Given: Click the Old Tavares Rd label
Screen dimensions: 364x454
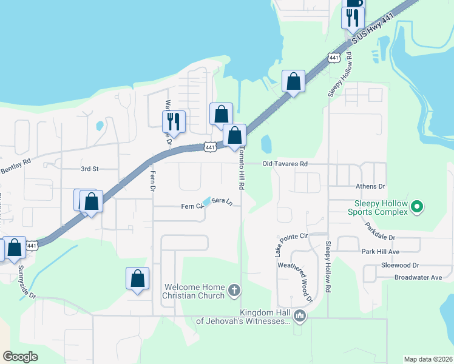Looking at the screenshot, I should click(x=285, y=164).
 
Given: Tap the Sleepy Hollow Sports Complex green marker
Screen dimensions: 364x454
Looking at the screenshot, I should click(x=416, y=207).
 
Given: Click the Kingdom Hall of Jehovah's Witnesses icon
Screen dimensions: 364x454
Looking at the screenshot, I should click(x=299, y=315).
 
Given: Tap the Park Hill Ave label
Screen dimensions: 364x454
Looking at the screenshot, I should click(x=381, y=251).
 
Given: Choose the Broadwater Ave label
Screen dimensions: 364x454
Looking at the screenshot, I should click(x=418, y=277).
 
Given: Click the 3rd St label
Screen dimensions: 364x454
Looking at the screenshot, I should click(x=89, y=168).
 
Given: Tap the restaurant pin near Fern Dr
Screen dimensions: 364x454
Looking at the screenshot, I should click(x=174, y=121).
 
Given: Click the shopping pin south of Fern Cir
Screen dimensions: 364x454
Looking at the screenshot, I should click(x=138, y=278).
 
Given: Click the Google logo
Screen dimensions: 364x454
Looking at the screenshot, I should click(x=20, y=357).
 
